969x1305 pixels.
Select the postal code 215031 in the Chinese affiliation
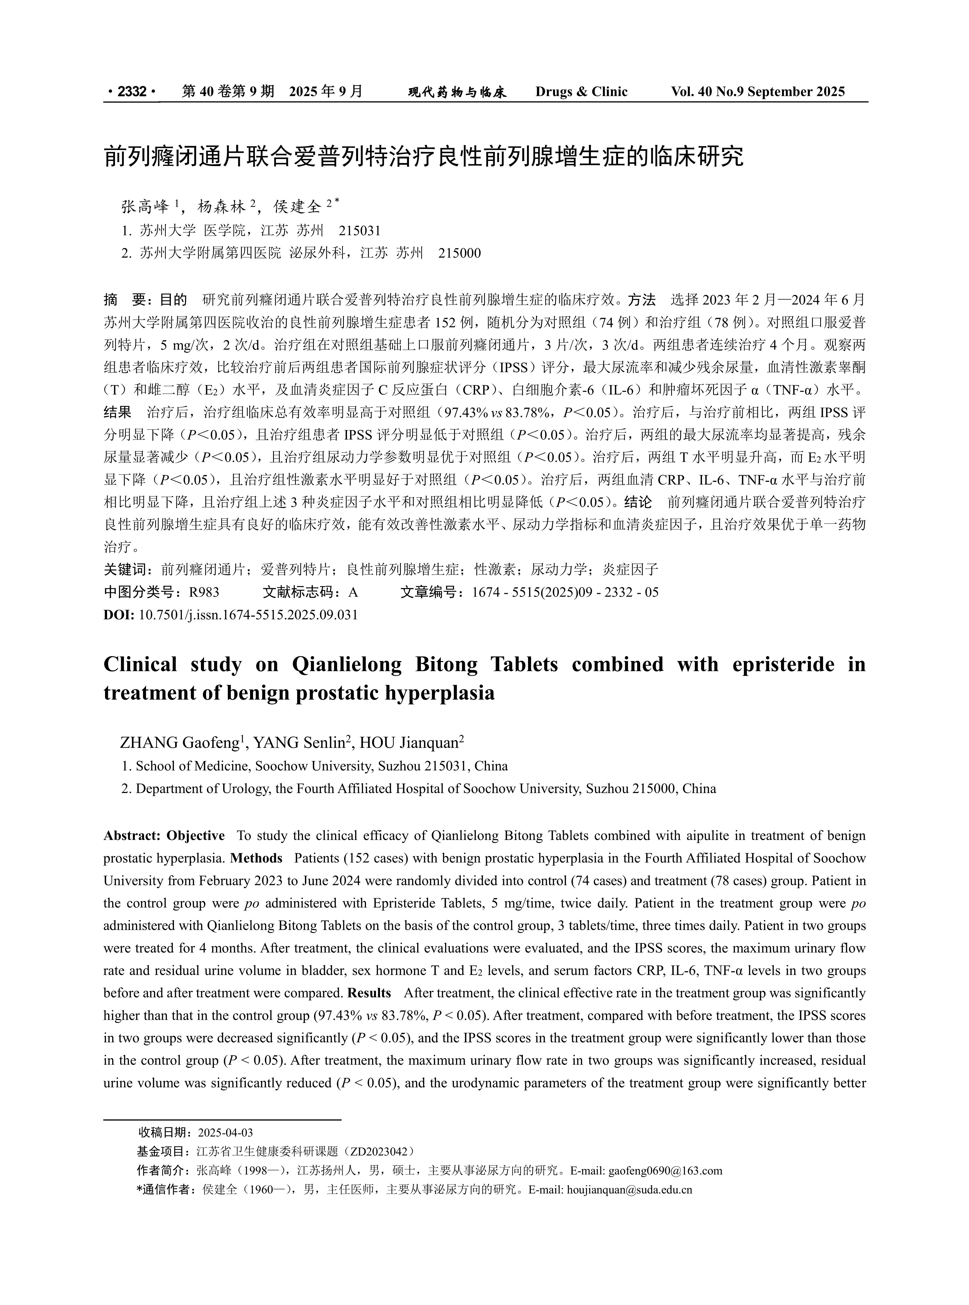point(360,230)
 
